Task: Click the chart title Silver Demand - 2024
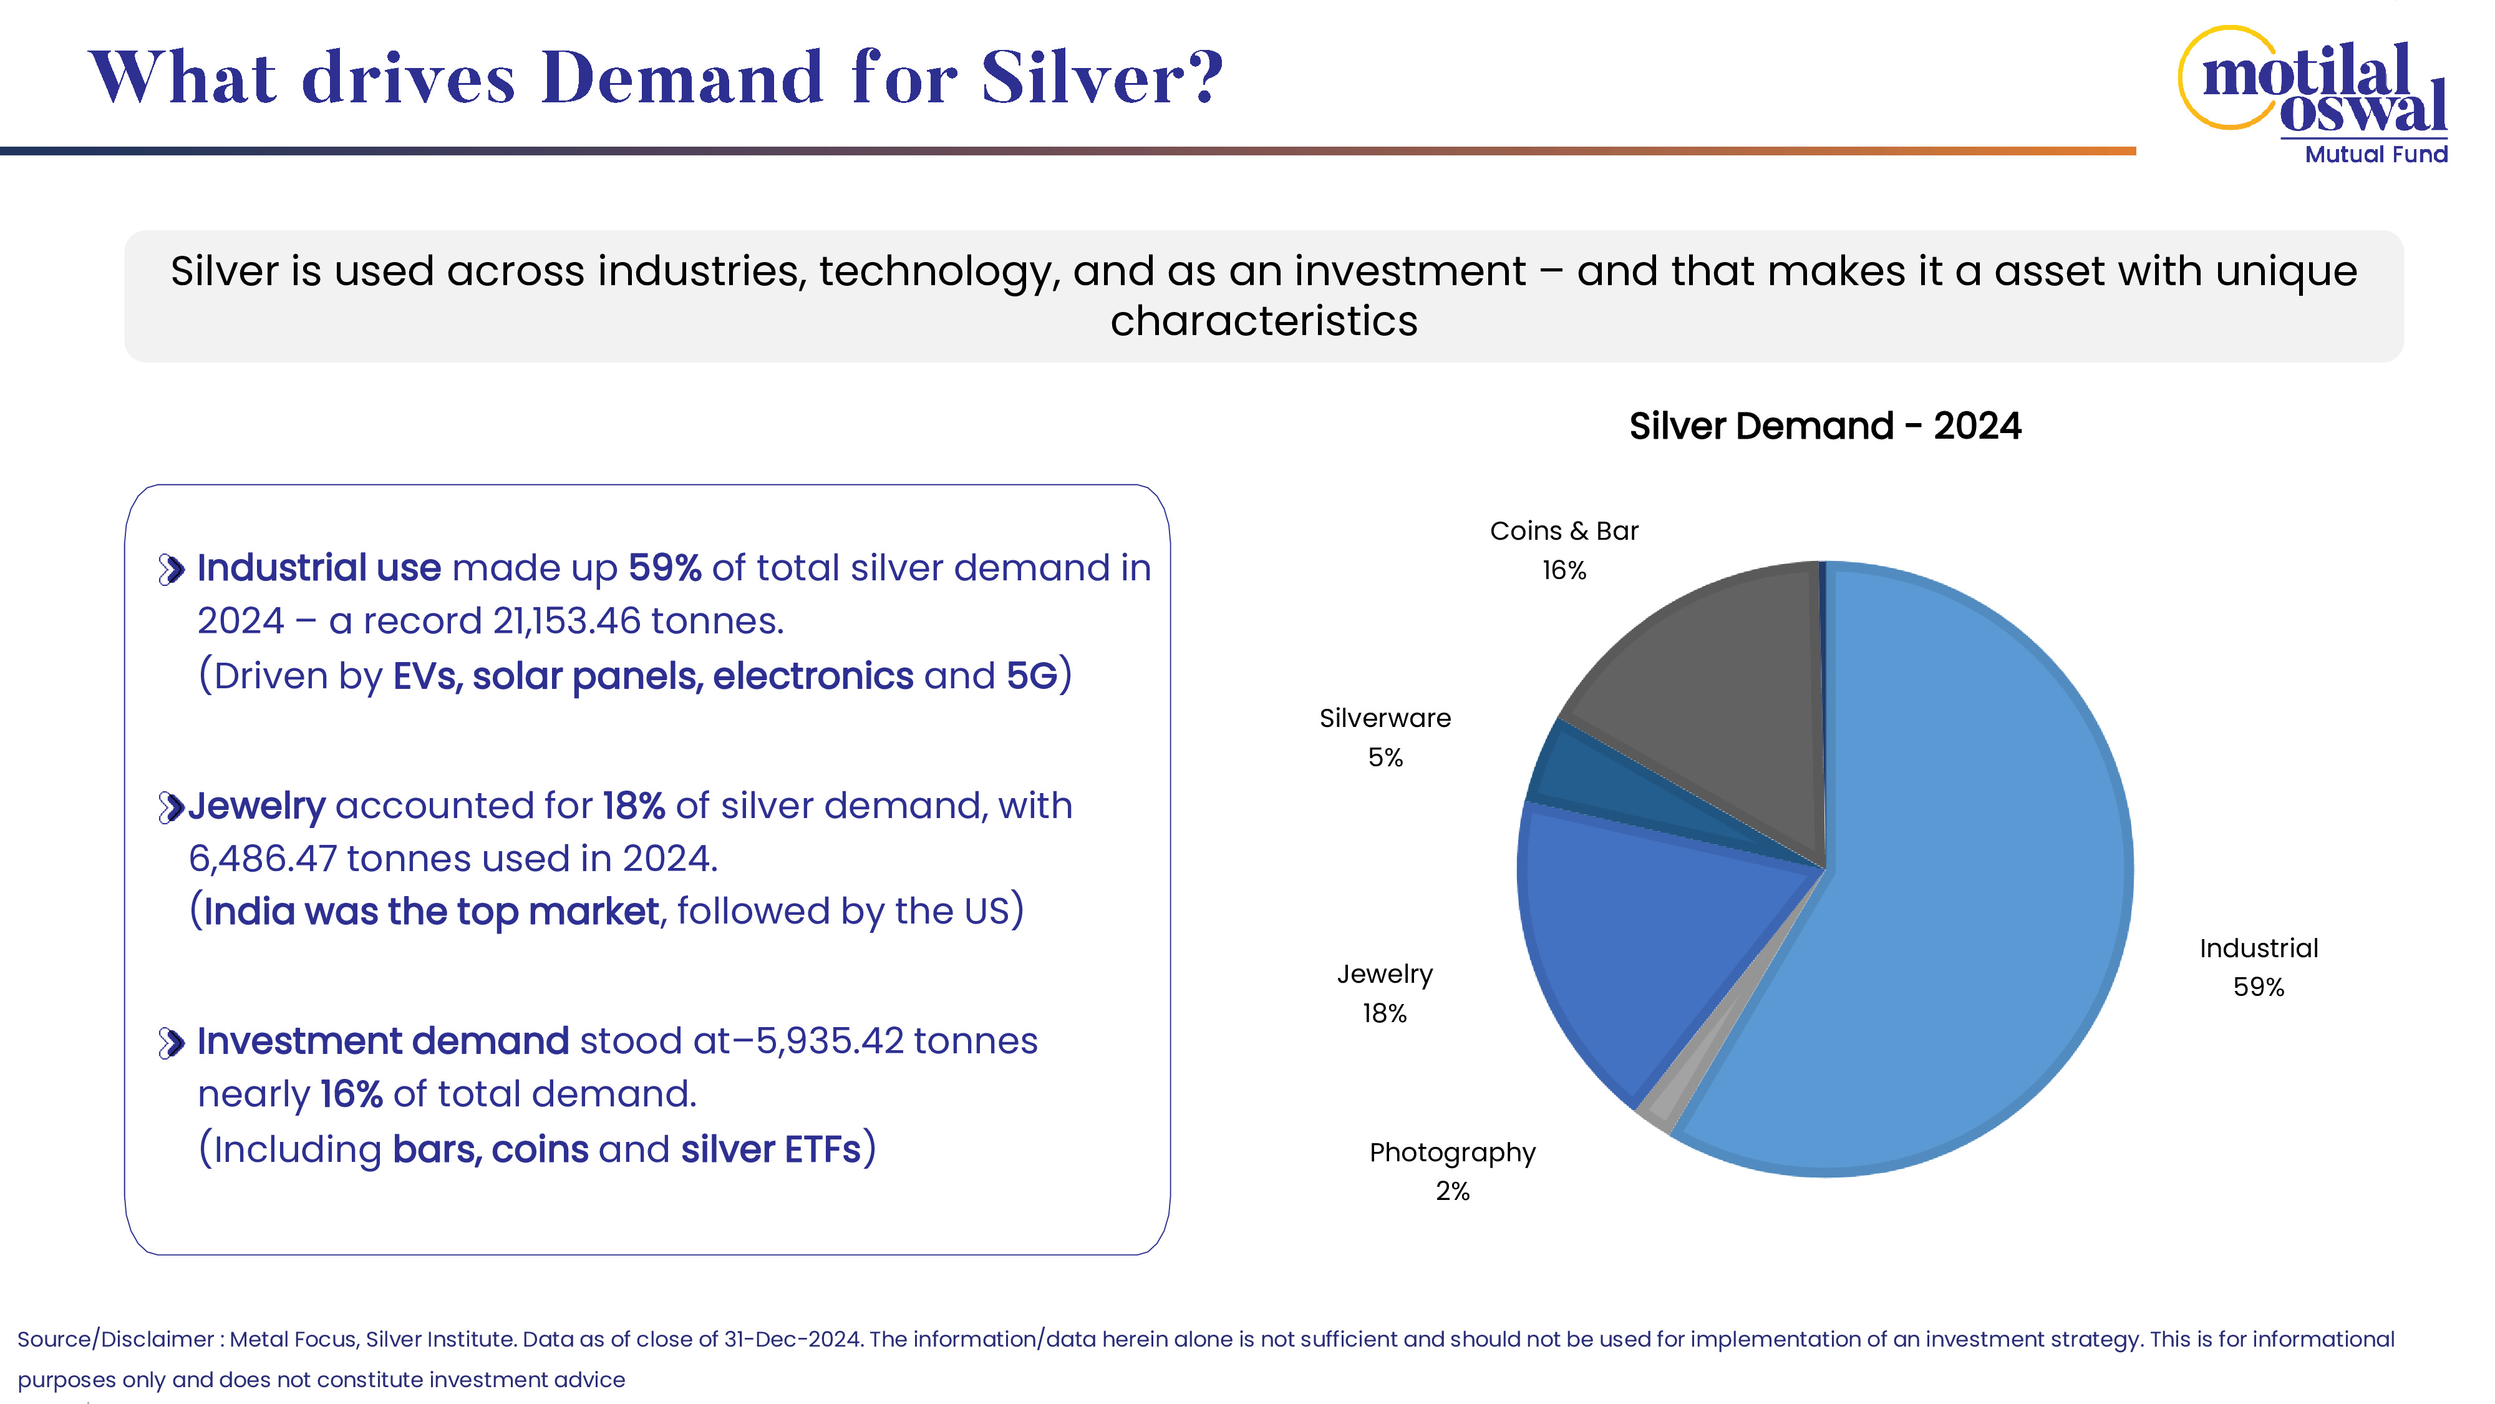[x=1824, y=426]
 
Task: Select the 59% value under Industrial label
[x=2258, y=987]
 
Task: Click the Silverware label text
[x=1385, y=718]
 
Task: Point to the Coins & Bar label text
[x=1563, y=531]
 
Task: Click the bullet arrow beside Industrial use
[x=172, y=570]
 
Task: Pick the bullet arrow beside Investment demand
[x=172, y=1043]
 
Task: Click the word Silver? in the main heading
[x=1102, y=77]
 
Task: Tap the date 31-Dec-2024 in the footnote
[x=792, y=1339]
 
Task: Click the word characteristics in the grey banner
[x=1263, y=321]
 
